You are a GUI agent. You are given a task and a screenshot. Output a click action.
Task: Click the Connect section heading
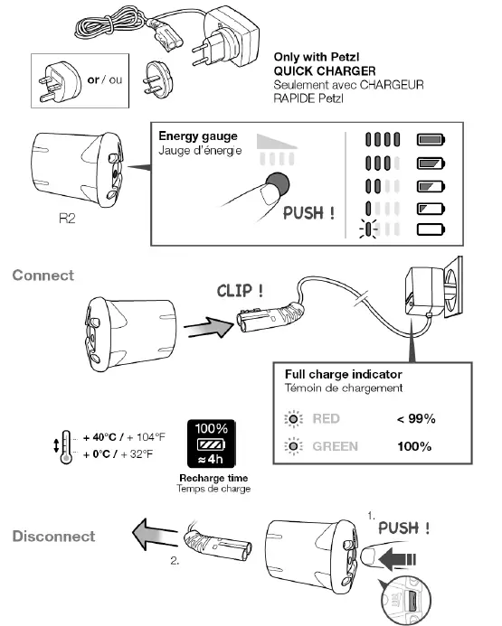coord(43,275)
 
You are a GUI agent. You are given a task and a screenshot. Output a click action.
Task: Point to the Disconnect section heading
coord(53,536)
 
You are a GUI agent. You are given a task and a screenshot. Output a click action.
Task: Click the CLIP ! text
coord(241,291)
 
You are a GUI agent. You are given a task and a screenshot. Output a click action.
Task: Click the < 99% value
coord(416,419)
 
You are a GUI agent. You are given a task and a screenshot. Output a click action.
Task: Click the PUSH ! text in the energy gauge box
coord(308,214)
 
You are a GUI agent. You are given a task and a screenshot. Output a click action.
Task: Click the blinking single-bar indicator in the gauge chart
coord(369,229)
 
